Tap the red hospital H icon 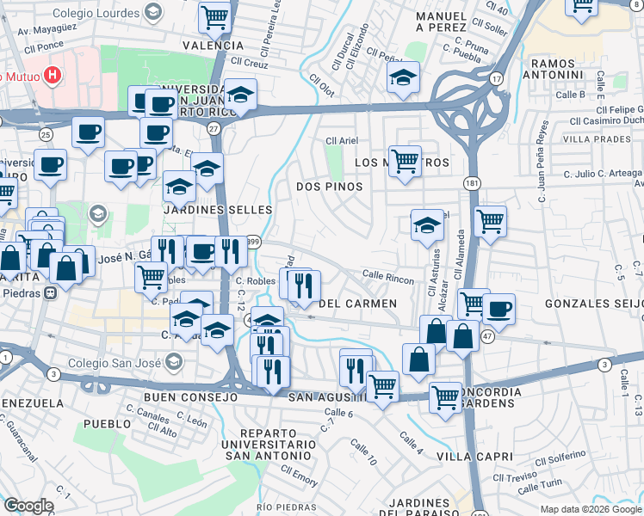pos(53,75)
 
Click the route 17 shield pos(497,78)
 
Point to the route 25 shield pos(46,135)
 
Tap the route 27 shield pos(214,127)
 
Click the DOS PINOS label pos(329,186)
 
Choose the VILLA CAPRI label pos(474,456)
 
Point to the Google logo pos(28,506)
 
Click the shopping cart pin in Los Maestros pos(404,160)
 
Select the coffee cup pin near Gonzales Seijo pos(498,308)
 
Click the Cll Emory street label pos(298,474)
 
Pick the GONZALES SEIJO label pos(590,304)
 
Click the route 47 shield pos(488,336)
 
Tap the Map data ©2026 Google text pos(590,509)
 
